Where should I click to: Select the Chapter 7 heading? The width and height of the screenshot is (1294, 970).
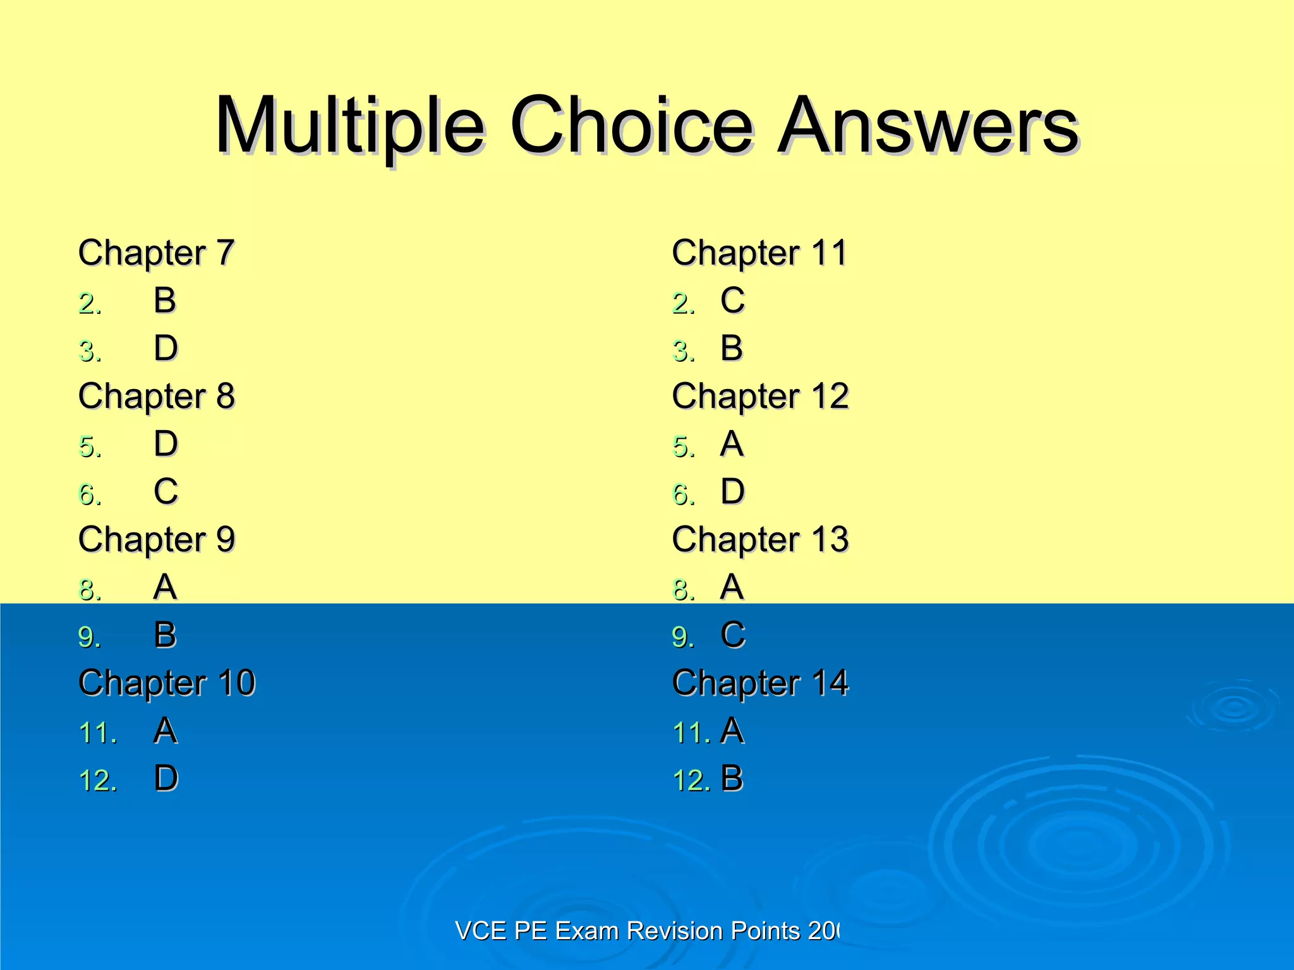pyautogui.click(x=156, y=253)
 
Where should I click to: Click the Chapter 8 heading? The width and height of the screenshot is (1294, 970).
pyautogui.click(x=156, y=396)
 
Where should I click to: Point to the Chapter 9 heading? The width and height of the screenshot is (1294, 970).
pyautogui.click(x=156, y=539)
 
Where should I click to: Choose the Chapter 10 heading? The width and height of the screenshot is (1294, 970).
pyautogui.click(x=167, y=683)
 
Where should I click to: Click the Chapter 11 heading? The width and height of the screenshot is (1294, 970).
pyautogui.click(x=759, y=253)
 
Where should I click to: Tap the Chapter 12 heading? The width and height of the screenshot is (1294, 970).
pyautogui.click(x=760, y=396)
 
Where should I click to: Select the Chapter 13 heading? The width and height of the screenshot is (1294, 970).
pyautogui.click(x=760, y=539)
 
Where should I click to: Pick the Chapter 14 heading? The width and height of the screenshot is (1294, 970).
pyautogui.click(x=760, y=683)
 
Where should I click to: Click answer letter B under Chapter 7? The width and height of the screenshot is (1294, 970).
pyautogui.click(x=165, y=300)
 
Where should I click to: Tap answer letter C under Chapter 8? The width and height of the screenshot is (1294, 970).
pyautogui.click(x=166, y=491)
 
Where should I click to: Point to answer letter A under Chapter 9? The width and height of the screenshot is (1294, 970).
pyautogui.click(x=165, y=587)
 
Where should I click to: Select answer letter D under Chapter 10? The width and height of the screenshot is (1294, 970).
pyautogui.click(x=166, y=779)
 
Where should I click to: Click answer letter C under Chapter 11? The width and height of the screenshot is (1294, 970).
pyautogui.click(x=732, y=300)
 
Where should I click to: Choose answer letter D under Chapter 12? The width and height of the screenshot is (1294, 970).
pyautogui.click(x=732, y=491)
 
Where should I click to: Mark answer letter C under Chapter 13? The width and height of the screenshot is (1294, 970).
pyautogui.click(x=732, y=635)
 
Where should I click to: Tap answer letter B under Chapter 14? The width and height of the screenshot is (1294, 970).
pyautogui.click(x=732, y=779)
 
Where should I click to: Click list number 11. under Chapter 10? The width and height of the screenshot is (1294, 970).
pyautogui.click(x=98, y=733)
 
